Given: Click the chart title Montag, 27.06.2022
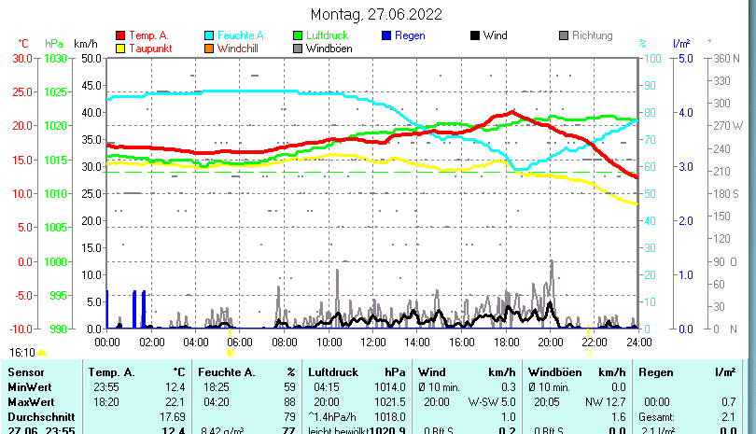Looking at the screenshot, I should [377, 14].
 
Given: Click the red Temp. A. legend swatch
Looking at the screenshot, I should [119, 35].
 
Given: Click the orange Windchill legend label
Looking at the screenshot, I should [239, 49].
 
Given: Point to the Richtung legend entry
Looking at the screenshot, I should [592, 35].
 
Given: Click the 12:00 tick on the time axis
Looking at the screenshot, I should [372, 341].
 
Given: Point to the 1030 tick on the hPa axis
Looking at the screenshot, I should [56, 58].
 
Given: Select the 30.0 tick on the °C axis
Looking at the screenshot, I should [23, 58].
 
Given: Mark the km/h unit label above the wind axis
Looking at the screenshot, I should [86, 44].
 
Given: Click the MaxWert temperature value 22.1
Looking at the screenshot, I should [173, 401].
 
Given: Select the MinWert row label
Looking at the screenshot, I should [27, 386].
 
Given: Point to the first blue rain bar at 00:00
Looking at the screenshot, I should [107, 310].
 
